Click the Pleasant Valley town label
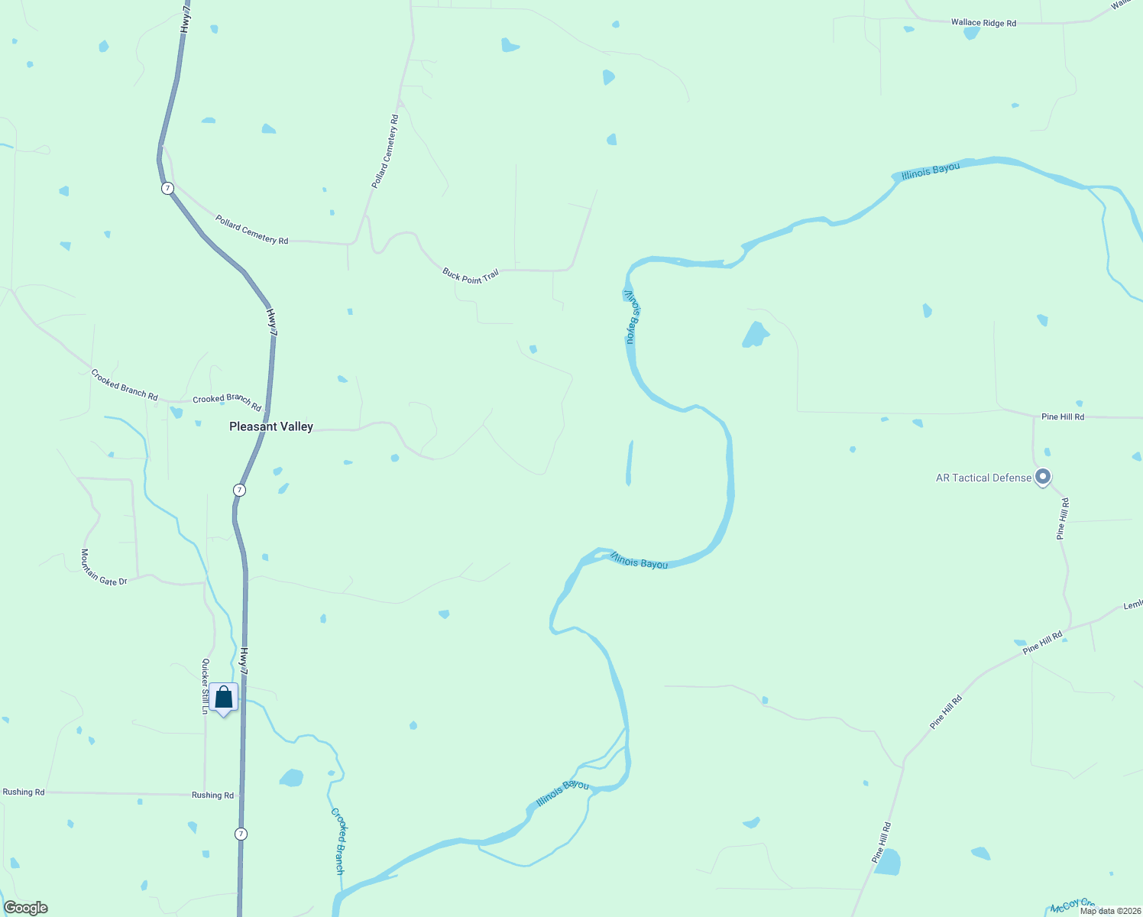click(x=271, y=426)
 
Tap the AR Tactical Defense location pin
click(x=1043, y=478)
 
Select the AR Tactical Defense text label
click(x=983, y=478)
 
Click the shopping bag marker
click(x=224, y=698)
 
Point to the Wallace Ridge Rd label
click(x=983, y=23)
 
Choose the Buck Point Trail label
click(x=470, y=276)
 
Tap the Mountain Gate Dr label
click(x=104, y=569)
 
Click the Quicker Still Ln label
click(x=205, y=685)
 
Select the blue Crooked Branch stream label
click(x=338, y=840)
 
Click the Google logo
click(x=26, y=908)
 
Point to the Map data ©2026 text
click(x=1110, y=911)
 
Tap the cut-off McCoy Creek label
click(x=1073, y=906)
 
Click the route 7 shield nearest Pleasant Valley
click(x=240, y=490)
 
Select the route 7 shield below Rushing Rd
click(x=241, y=834)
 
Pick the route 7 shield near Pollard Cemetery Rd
click(x=167, y=188)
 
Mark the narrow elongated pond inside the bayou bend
click(x=630, y=463)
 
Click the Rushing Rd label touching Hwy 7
click(x=212, y=795)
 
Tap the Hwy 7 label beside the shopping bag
click(x=244, y=661)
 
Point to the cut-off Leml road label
click(x=1132, y=605)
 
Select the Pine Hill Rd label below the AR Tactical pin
click(x=1062, y=519)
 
